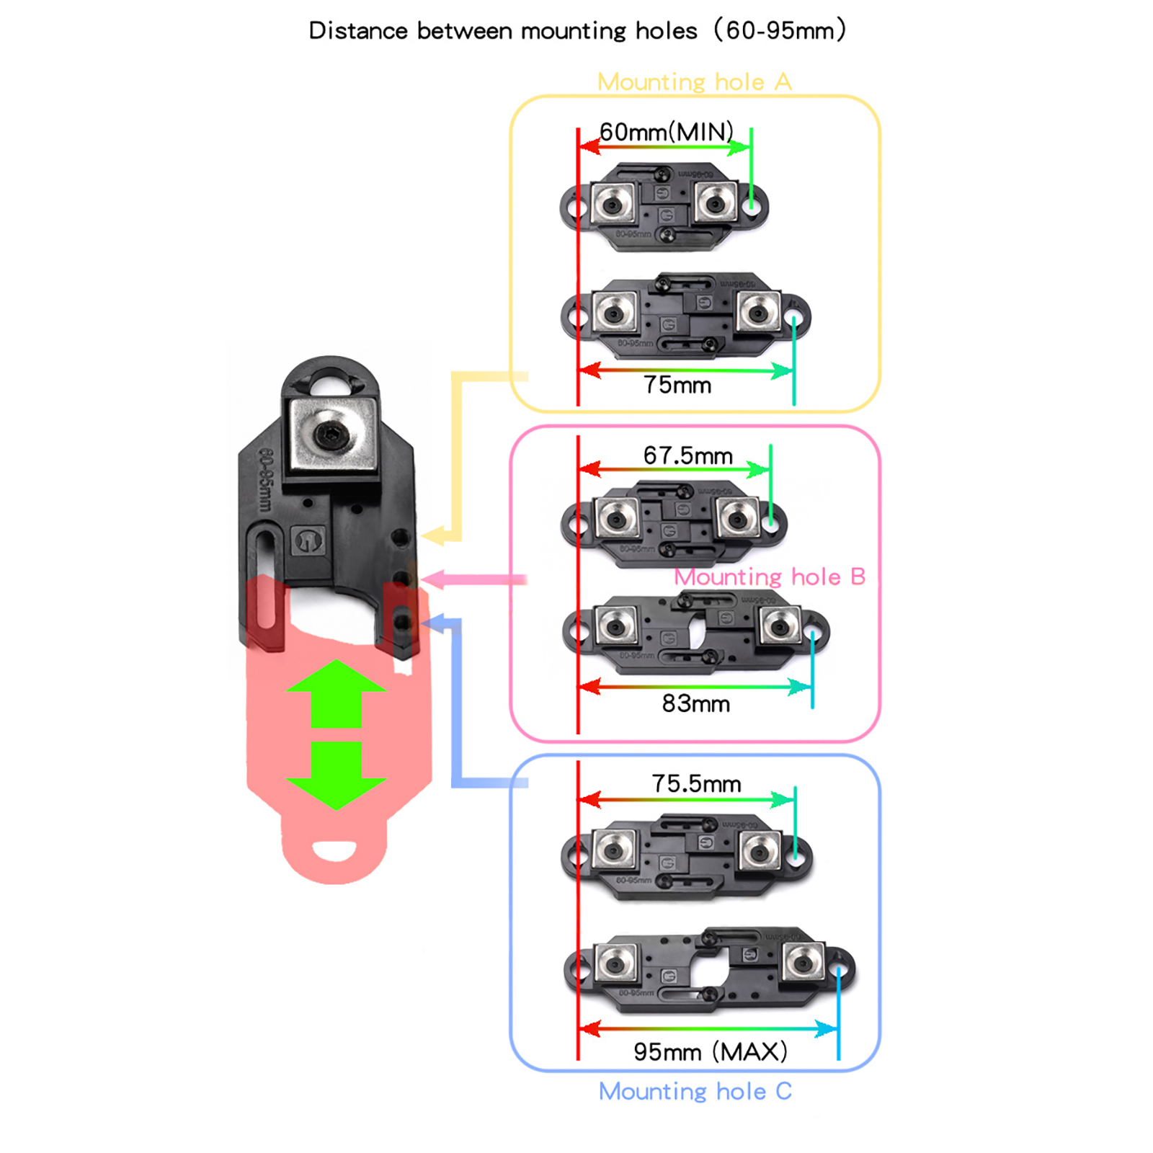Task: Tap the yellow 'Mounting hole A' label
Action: pyautogui.click(x=694, y=82)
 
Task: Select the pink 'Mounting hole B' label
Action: pyautogui.click(x=769, y=576)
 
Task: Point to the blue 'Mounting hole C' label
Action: pyautogui.click(x=695, y=1091)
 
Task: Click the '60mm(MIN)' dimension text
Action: pyautogui.click(x=666, y=132)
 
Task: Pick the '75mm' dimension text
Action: pyautogui.click(x=677, y=385)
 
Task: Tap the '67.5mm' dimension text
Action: pyautogui.click(x=687, y=455)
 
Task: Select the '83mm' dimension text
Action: pyautogui.click(x=695, y=703)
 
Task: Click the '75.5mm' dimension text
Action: pyautogui.click(x=696, y=783)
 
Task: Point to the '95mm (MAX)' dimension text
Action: pyautogui.click(x=710, y=1051)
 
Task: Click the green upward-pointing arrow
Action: pyautogui.click(x=336, y=692)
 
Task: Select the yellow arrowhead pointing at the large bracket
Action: pyautogui.click(x=432, y=535)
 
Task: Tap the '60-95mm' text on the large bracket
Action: pyautogui.click(x=265, y=480)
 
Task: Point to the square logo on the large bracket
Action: pyautogui.click(x=308, y=540)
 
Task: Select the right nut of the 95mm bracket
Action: pyautogui.click(x=803, y=963)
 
